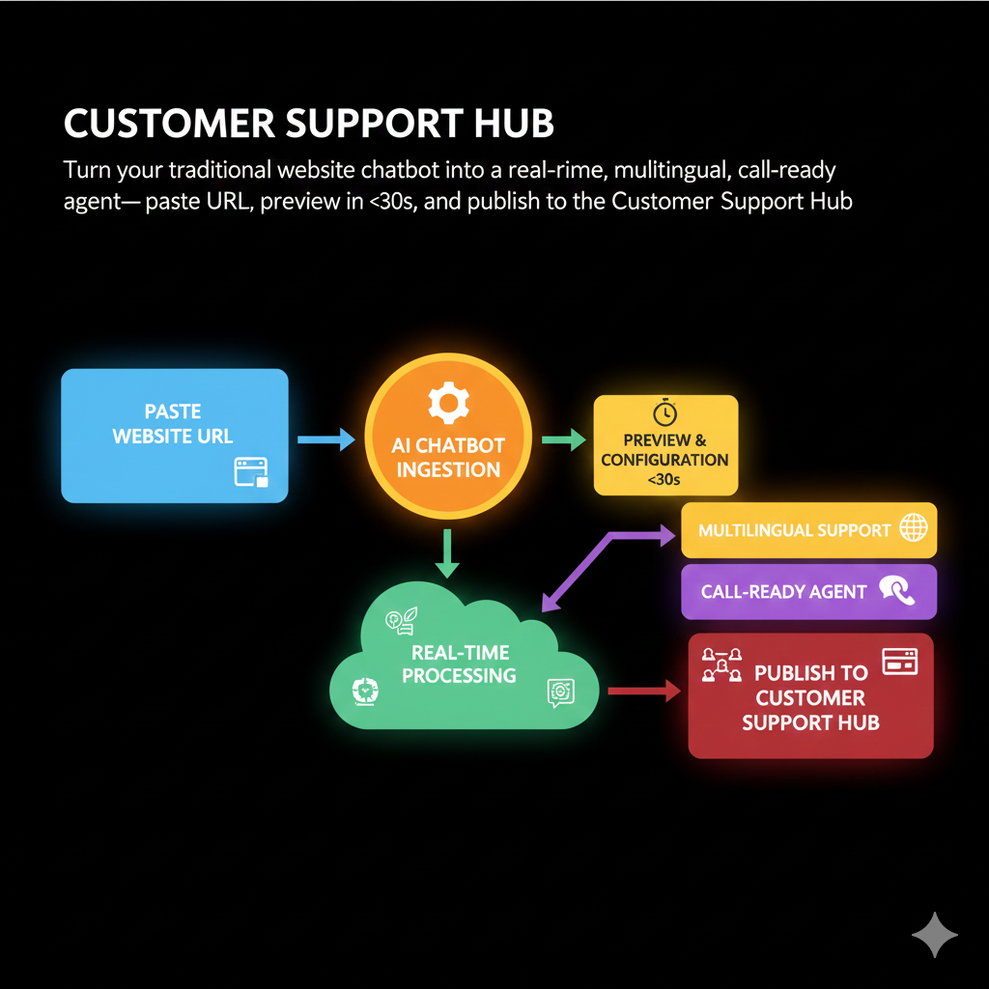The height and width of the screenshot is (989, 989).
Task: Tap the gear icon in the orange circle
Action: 447,403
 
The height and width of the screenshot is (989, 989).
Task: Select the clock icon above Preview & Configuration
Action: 664,413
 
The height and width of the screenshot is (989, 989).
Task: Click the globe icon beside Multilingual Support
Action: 913,528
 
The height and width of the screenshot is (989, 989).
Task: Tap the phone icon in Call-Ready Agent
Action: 898,592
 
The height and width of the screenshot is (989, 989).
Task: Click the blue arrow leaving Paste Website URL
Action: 325,440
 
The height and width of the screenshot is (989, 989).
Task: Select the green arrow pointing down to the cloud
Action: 446,552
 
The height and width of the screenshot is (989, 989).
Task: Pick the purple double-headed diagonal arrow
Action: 605,570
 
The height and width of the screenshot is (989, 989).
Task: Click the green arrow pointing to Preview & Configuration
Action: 563,440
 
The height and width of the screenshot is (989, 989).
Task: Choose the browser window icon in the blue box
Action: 250,472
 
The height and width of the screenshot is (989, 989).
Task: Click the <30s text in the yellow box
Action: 664,480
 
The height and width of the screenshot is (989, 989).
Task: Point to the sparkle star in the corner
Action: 935,934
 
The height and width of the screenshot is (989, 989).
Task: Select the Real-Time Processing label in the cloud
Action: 459,664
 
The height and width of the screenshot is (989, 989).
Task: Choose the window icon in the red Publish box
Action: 900,661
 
